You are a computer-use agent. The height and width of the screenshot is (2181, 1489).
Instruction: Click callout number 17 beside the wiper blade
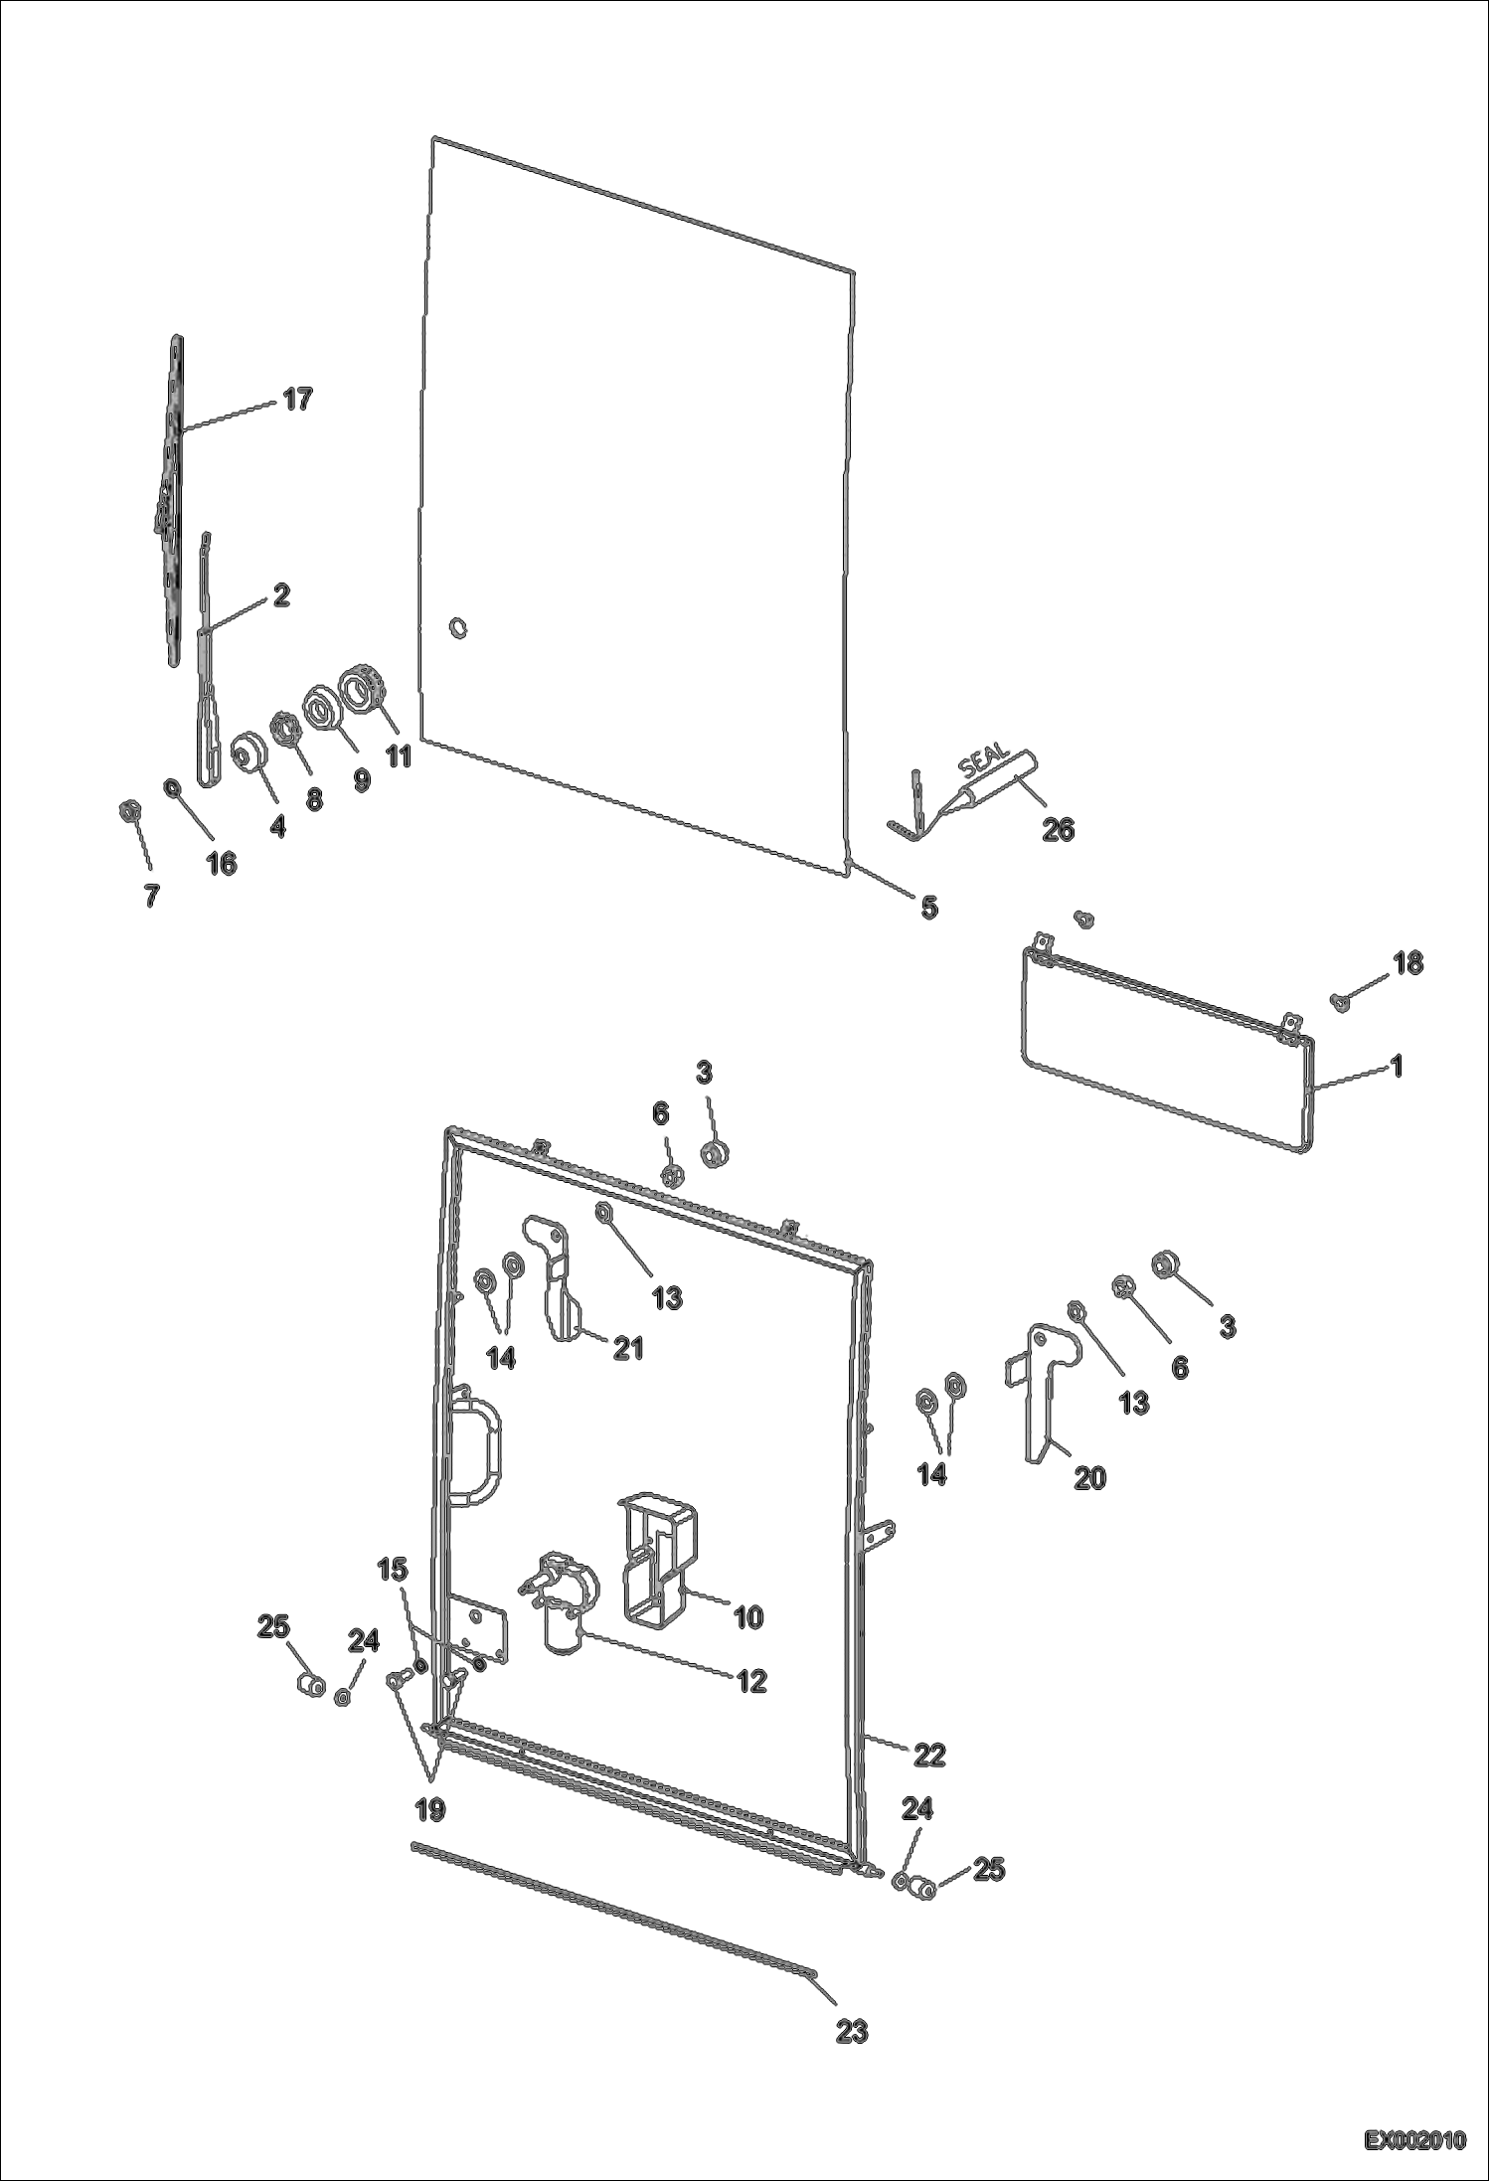[297, 400]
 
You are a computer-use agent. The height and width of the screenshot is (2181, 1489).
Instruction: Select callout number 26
[1058, 829]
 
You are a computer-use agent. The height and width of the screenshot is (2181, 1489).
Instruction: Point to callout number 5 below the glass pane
[928, 907]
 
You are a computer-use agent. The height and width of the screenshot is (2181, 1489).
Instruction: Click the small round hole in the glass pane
[458, 628]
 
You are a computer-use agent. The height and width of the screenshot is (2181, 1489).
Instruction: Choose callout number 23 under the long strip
[852, 2032]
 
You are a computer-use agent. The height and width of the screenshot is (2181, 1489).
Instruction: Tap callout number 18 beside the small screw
[1407, 962]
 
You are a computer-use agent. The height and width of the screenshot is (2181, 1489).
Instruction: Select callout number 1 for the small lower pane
[1397, 1067]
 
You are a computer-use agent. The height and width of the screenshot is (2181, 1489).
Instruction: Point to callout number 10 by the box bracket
[747, 1616]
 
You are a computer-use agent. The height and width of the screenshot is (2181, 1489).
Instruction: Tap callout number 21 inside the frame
[628, 1348]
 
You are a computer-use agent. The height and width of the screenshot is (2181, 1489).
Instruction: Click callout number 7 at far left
[151, 895]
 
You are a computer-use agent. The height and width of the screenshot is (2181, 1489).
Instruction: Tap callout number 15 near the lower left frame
[393, 1570]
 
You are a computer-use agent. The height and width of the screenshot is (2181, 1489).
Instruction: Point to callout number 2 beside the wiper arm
[281, 595]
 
